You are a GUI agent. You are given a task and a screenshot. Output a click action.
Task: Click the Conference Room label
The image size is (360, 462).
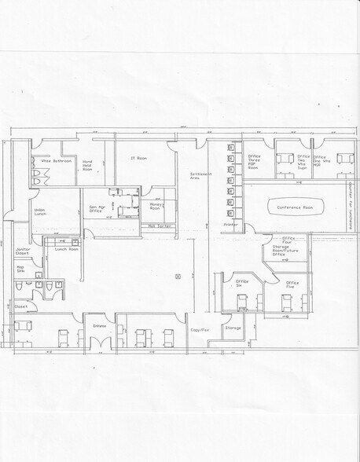pos(295,207)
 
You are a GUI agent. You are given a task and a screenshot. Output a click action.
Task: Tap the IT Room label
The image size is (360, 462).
pos(138,158)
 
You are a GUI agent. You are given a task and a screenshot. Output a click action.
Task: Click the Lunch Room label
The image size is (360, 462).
pos(67,248)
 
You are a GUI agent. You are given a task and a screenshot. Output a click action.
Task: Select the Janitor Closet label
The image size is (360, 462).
pos(24,251)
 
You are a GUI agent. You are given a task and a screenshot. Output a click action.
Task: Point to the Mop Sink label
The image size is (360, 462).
pos(21,269)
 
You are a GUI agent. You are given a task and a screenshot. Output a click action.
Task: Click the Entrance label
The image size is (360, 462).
pos(99,325)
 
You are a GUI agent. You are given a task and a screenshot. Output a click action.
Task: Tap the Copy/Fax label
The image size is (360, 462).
pos(200,330)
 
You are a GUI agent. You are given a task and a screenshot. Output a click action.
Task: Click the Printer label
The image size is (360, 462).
pos(230,225)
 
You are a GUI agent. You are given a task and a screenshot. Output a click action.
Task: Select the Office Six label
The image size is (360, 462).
pos(240,284)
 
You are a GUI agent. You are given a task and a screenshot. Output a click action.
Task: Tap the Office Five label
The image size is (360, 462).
pos(292,284)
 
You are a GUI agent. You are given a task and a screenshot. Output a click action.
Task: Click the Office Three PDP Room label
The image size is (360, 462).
pos(254,162)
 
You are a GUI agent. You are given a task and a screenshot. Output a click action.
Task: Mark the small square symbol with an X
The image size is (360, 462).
pos(178,276)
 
